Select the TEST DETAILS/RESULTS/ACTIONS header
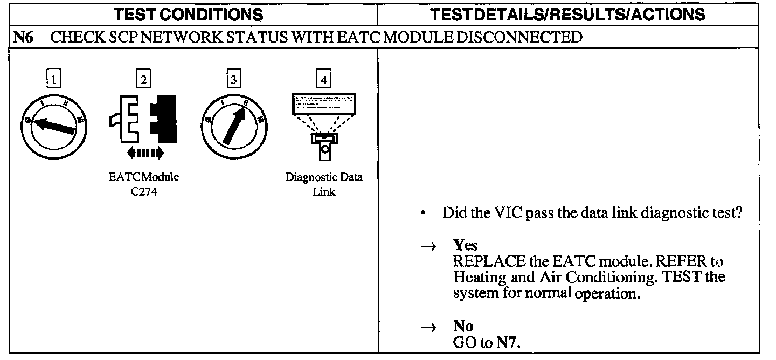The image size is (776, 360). pyautogui.click(x=576, y=14)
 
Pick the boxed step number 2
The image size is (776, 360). pyautogui.click(x=143, y=80)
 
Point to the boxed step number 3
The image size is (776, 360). pyautogui.click(x=233, y=80)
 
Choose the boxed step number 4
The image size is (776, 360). pyautogui.click(x=323, y=80)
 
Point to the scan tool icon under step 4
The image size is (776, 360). pyautogui.click(x=324, y=124)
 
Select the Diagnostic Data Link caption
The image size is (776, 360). pyautogui.click(x=324, y=185)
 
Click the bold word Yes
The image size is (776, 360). pyautogui.click(x=465, y=245)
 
